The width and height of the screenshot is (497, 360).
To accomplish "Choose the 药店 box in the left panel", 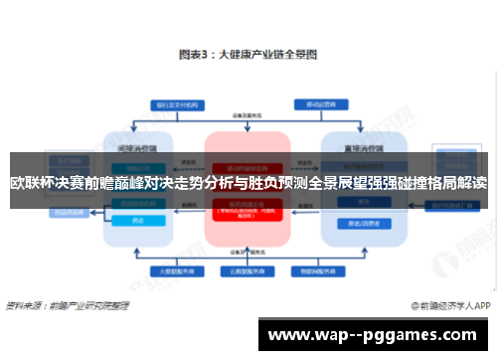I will [x=139, y=221].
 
